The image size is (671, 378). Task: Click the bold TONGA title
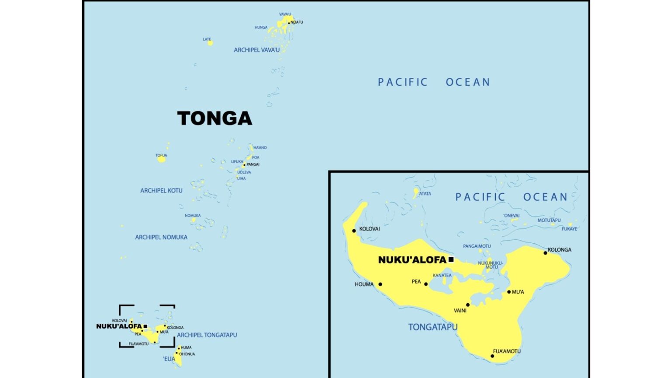click(214, 119)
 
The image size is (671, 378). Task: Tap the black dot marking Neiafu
click(289, 23)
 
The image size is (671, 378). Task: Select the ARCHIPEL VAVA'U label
click(256, 50)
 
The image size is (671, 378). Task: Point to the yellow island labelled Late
click(210, 43)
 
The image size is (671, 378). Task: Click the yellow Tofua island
click(162, 159)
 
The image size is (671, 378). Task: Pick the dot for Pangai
click(244, 165)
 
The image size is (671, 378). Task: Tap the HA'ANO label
click(260, 148)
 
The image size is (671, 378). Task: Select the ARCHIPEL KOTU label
click(161, 191)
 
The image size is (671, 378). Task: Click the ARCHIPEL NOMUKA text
click(161, 237)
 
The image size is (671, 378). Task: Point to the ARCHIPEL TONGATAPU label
click(207, 335)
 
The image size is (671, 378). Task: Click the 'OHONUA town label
click(187, 354)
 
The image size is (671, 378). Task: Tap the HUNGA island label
click(261, 28)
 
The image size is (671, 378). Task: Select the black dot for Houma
click(380, 284)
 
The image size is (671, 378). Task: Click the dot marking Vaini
click(468, 305)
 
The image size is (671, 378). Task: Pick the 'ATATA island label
click(425, 194)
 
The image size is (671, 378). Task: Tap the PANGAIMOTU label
click(477, 246)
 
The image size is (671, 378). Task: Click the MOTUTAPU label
click(549, 220)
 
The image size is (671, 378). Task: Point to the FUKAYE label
click(569, 229)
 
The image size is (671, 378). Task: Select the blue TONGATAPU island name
click(432, 327)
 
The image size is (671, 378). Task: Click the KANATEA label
click(442, 276)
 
